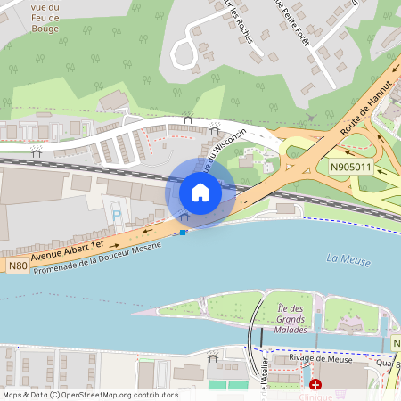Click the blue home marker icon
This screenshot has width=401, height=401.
(x=200, y=192)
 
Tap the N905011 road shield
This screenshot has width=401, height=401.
(x=350, y=167)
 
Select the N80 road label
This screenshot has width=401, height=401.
(x=17, y=266)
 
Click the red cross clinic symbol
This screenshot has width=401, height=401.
(x=315, y=384)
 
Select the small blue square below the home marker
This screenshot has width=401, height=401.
(x=184, y=233)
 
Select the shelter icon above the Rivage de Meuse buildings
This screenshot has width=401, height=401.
(x=213, y=357)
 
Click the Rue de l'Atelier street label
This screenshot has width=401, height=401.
(x=265, y=379)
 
